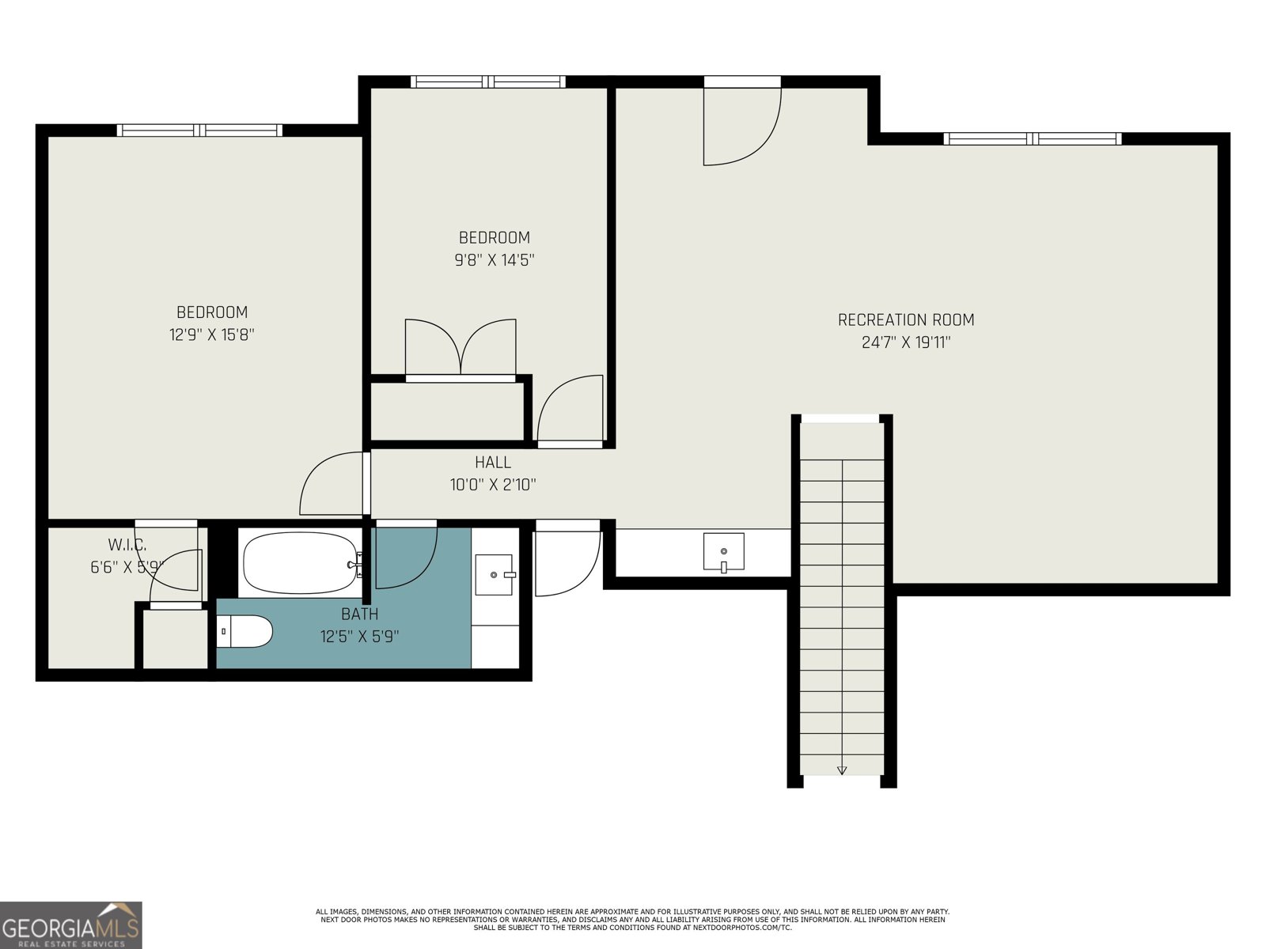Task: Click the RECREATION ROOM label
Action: (906, 320)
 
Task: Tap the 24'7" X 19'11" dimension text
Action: (906, 342)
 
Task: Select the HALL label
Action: (492, 463)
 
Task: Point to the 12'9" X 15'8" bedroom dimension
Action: (211, 335)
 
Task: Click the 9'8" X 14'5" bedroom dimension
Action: (495, 259)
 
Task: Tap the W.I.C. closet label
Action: (127, 545)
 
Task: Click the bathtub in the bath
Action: (300, 563)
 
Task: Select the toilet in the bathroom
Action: (245, 631)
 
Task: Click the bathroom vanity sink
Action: (495, 574)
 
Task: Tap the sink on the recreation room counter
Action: (723, 551)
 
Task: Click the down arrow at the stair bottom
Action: (842, 769)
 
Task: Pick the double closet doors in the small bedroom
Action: (461, 348)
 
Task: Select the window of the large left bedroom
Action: (199, 130)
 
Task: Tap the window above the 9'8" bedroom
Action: (488, 81)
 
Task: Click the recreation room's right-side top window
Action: (1033, 139)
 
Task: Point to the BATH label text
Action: (359, 614)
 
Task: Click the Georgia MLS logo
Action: (71, 925)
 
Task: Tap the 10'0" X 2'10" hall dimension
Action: (493, 485)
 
